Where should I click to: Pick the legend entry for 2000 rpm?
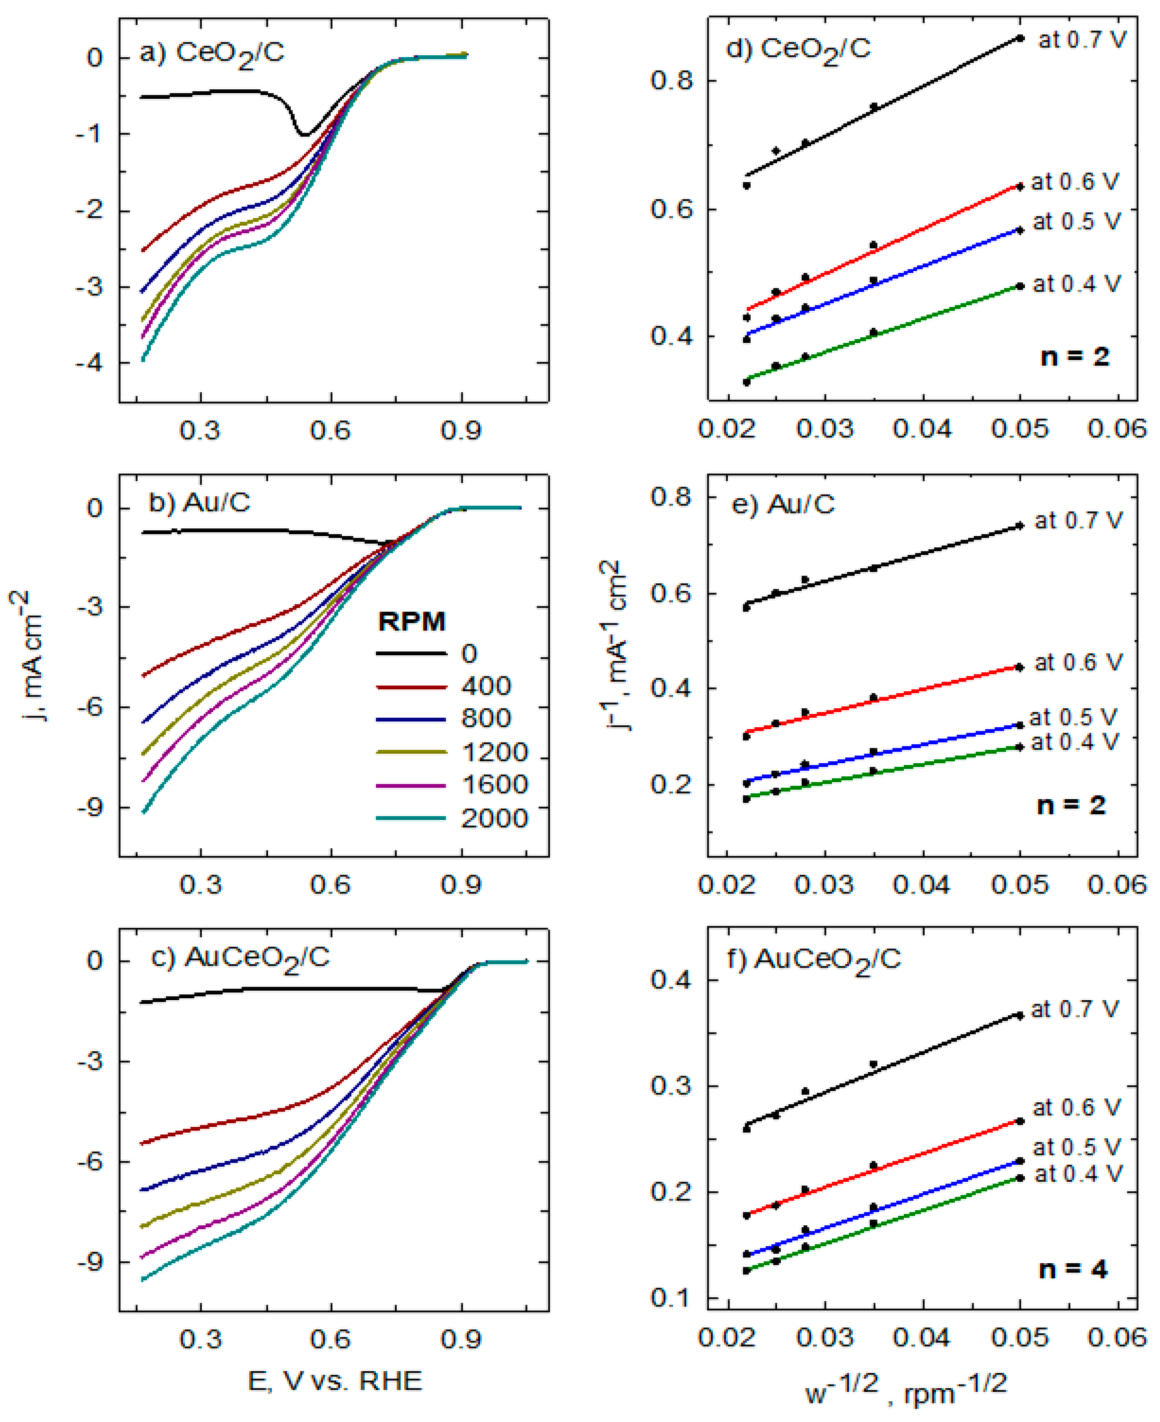point(494,819)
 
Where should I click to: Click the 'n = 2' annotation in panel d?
point(1075,357)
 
